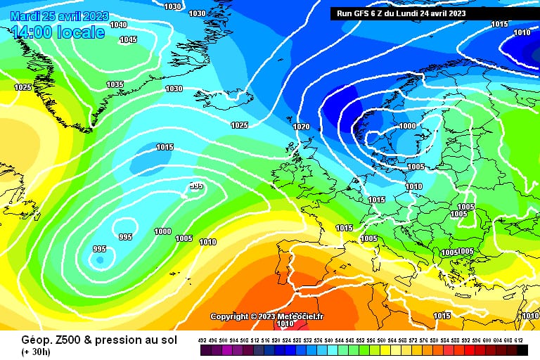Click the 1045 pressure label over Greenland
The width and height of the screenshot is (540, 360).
128,40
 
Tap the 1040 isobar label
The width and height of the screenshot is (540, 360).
119,25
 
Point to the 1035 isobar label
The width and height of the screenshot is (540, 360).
115,84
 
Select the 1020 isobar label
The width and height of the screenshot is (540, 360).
301,127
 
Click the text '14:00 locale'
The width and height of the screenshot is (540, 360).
58,32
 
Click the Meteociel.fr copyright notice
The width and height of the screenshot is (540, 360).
266,316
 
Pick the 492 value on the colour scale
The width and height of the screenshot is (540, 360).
202,340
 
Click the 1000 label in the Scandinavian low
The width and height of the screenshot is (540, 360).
407,126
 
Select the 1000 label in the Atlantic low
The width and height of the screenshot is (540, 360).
162,231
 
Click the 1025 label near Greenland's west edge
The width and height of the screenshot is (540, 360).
22,87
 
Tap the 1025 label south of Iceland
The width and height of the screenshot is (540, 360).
239,125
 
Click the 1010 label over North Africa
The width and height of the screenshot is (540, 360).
285,324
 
